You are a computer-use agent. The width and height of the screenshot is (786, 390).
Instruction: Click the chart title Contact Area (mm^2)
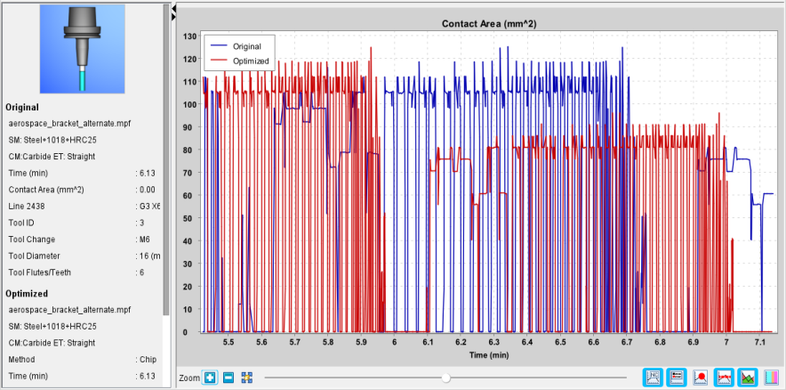(x=489, y=23)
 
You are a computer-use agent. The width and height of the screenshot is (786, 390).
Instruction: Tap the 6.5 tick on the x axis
(x=560, y=342)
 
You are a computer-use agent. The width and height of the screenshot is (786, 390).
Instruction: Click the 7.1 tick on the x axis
(x=759, y=342)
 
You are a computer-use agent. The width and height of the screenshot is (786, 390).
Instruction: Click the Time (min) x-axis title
(x=489, y=355)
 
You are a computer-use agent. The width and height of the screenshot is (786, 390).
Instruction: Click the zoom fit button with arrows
(x=246, y=378)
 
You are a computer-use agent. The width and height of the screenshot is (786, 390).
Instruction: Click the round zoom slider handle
(x=445, y=378)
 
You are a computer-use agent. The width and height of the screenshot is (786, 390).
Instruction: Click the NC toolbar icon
(x=654, y=377)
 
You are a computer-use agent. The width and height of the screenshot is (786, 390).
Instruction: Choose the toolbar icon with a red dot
(x=701, y=377)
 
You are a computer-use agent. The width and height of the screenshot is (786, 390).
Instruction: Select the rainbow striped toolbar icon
(x=773, y=377)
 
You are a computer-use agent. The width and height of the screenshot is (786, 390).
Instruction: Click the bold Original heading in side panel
(x=22, y=107)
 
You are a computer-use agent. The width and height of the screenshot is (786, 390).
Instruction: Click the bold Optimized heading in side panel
(x=27, y=293)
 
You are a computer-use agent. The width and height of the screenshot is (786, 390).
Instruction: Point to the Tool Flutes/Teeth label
(x=40, y=272)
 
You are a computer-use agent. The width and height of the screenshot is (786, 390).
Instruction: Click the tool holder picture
(x=82, y=49)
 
